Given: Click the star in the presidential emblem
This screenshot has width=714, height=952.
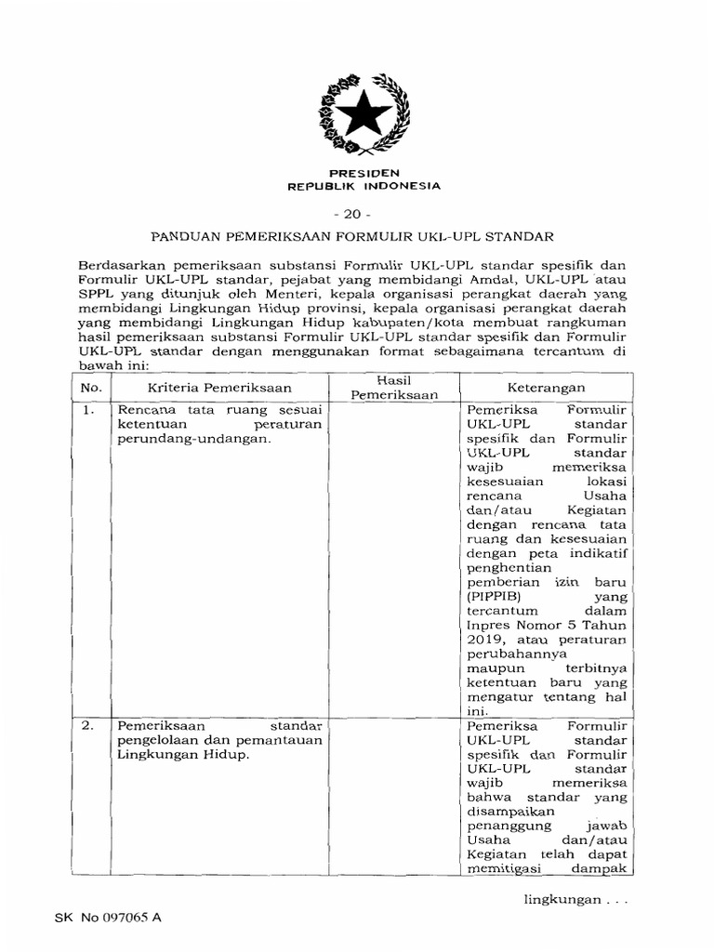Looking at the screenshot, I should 364,115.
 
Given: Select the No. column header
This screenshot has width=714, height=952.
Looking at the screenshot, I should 91,388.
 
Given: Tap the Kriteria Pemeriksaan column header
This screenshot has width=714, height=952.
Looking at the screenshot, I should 219,388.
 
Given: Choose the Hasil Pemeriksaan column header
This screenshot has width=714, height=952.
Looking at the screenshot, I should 394,388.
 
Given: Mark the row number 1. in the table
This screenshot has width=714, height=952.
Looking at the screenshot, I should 89,410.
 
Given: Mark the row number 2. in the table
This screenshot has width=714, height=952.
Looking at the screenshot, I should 89,726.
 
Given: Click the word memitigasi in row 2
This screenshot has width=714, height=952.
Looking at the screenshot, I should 501,870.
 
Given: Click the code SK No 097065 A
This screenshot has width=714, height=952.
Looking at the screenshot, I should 108,919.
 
